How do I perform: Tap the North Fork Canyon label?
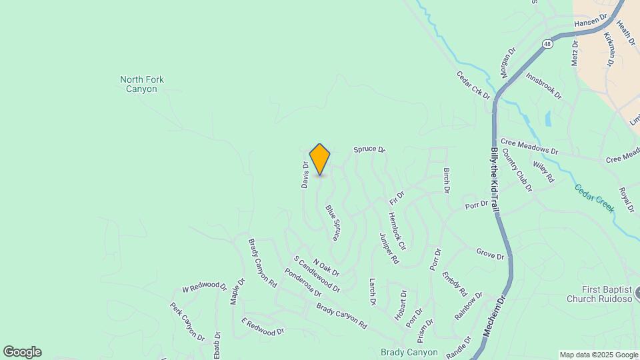click(142, 84)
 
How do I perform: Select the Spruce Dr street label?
click(370, 150)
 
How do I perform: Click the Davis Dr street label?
click(305, 175)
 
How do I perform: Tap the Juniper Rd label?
click(388, 248)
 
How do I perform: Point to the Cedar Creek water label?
click(595, 198)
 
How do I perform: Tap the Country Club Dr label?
click(517, 169)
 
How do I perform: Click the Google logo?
click(22, 352)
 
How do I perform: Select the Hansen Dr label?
click(591, 21)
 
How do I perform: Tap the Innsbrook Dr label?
click(544, 85)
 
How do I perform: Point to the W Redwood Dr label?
click(204, 287)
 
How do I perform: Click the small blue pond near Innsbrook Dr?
click(547, 119)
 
